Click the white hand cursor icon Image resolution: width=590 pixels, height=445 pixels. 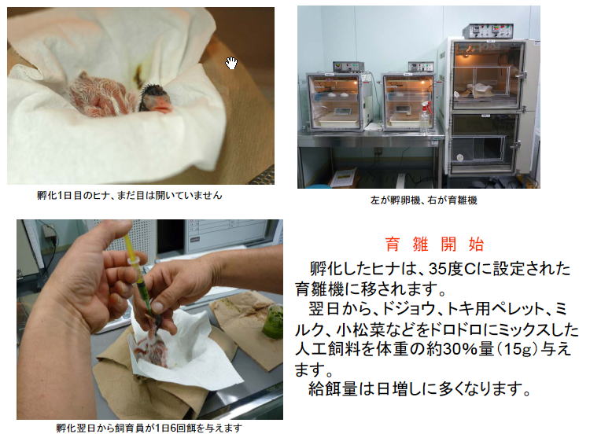(x=231, y=63)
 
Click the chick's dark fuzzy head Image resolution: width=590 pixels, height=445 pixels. (x=151, y=95)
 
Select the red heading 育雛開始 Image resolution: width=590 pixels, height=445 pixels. (x=434, y=245)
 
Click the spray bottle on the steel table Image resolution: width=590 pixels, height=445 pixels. (x=425, y=116)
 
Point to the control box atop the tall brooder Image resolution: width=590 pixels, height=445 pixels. (x=488, y=31)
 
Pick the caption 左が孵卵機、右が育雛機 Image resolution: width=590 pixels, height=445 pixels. (x=424, y=200)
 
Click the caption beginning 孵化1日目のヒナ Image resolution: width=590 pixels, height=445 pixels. (x=130, y=195)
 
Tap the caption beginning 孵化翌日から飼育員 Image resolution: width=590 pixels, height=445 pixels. (x=149, y=428)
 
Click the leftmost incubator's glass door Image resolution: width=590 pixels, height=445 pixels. (x=334, y=101)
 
